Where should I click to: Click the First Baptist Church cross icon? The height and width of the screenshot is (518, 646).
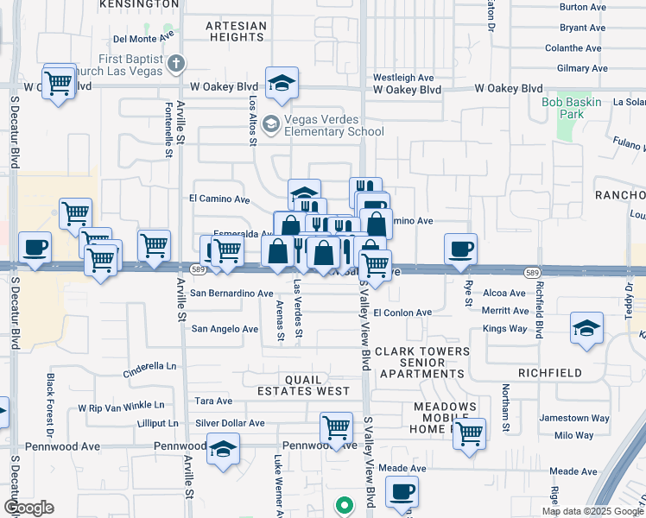176,63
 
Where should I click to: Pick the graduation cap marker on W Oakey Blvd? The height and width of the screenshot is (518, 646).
282,83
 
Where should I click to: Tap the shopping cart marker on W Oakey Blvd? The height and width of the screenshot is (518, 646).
58,83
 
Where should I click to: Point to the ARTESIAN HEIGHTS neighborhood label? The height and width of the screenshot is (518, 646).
236,32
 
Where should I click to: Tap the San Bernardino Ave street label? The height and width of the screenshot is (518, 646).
231,294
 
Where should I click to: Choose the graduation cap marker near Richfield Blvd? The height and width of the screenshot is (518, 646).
586,329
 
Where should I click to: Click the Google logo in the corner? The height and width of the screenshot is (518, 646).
28,508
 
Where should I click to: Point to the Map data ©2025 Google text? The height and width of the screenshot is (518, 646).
592,511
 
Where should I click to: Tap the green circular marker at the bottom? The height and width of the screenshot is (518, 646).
344,505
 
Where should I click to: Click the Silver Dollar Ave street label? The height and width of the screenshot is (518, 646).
230,423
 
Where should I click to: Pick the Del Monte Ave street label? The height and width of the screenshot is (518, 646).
143,38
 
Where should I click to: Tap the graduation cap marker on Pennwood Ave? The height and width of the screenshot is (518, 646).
223,450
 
